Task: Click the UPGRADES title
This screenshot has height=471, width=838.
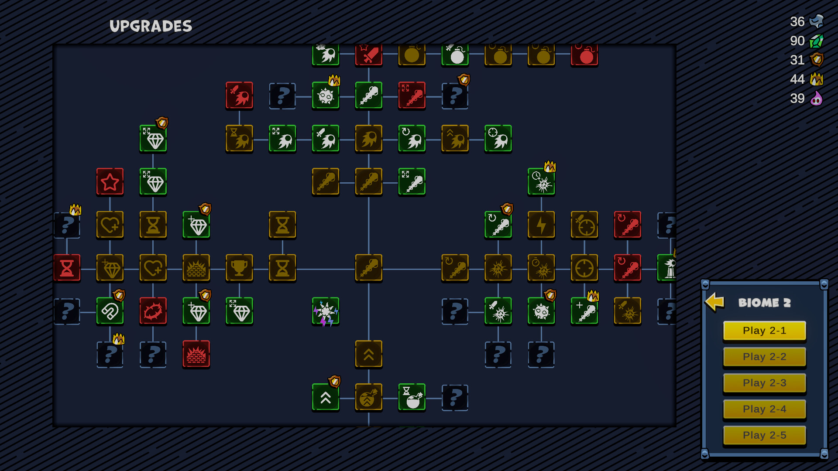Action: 151,26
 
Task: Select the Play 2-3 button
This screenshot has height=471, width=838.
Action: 764,383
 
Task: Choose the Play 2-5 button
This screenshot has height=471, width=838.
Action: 764,435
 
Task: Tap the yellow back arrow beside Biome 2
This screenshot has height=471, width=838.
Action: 714,302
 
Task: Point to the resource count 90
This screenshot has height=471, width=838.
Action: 797,41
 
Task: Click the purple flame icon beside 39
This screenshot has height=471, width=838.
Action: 816,99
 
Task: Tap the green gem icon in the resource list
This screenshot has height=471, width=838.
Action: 816,41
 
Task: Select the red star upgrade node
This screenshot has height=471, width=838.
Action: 110,181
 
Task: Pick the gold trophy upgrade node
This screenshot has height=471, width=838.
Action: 239,268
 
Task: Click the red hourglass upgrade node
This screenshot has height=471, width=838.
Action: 67,268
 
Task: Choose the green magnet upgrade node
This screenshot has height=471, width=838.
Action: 110,311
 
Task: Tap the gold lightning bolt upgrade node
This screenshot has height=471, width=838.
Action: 541,225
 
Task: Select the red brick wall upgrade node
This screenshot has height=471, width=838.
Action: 196,354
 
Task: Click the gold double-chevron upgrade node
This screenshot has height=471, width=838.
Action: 369,354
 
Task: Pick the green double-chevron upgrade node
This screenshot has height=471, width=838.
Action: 326,397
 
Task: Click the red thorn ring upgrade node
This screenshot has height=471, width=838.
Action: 153,311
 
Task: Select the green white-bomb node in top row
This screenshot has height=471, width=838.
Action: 455,55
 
